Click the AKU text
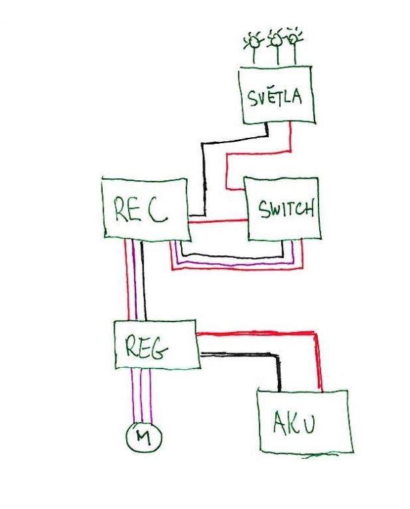coord(294,422)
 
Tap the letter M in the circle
coord(143,436)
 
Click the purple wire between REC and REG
coord(135,278)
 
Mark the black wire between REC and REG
coord(144,278)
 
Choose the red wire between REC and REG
coord(127,278)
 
